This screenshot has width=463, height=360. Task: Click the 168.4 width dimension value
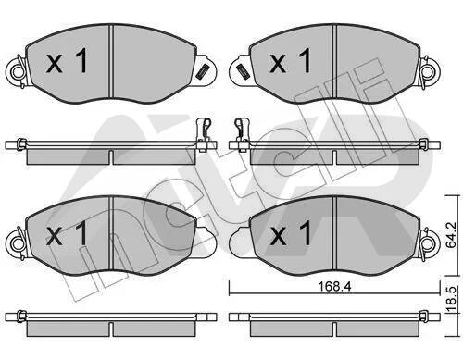pos(334,287)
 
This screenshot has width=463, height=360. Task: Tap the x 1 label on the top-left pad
pos(67,61)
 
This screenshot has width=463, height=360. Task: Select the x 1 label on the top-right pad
pos(291,61)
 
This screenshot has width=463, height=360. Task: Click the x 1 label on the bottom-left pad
pos(67,233)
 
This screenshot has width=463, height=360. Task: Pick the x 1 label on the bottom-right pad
pos(291,233)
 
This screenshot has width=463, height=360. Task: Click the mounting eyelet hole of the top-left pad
pos(17,72)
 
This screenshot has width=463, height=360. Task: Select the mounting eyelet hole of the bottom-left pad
pos(17,244)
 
